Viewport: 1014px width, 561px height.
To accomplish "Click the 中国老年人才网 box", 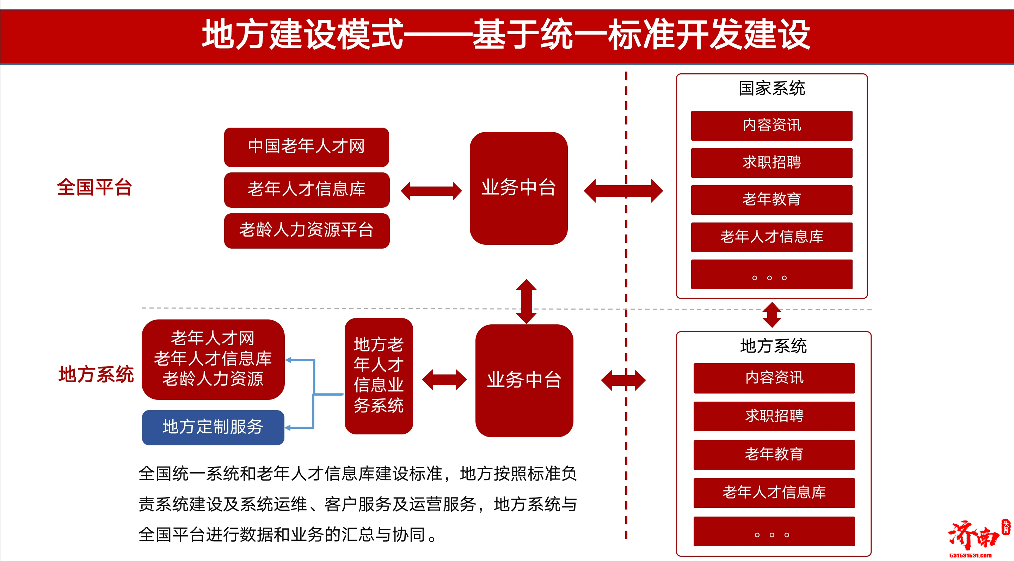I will pyautogui.click(x=306, y=146).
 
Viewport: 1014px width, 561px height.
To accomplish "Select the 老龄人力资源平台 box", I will pyautogui.click(x=306, y=230).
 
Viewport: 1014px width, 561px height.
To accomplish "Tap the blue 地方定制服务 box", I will pyautogui.click(x=213, y=427).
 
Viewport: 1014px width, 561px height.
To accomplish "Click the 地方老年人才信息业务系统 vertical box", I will pyautogui.click(x=378, y=376).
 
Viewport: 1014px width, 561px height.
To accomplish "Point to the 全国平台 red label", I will pyautogui.click(x=94, y=187).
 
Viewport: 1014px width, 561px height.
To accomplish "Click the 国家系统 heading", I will pyautogui.click(x=771, y=88).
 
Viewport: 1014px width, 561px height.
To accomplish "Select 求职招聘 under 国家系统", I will pyautogui.click(x=771, y=163).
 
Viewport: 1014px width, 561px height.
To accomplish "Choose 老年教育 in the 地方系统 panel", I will pyautogui.click(x=774, y=454).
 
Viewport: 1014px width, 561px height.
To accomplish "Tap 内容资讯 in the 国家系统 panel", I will pyautogui.click(x=771, y=126).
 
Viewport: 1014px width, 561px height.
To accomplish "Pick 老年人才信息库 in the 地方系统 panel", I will pyautogui.click(x=774, y=493).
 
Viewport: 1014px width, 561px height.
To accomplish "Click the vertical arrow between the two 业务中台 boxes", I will pyautogui.click(x=526, y=301).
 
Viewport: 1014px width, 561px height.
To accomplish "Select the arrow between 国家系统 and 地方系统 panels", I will pyautogui.click(x=772, y=315).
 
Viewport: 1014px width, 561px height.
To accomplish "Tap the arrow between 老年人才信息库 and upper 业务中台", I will pyautogui.click(x=431, y=191).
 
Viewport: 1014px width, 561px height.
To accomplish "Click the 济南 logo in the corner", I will pyautogui.click(x=974, y=537).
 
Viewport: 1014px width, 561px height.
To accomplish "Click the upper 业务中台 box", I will pyautogui.click(x=518, y=188).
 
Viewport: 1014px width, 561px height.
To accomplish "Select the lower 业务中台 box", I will pyautogui.click(x=524, y=380).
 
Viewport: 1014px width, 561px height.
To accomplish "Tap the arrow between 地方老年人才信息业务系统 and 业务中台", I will pyautogui.click(x=444, y=379).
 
